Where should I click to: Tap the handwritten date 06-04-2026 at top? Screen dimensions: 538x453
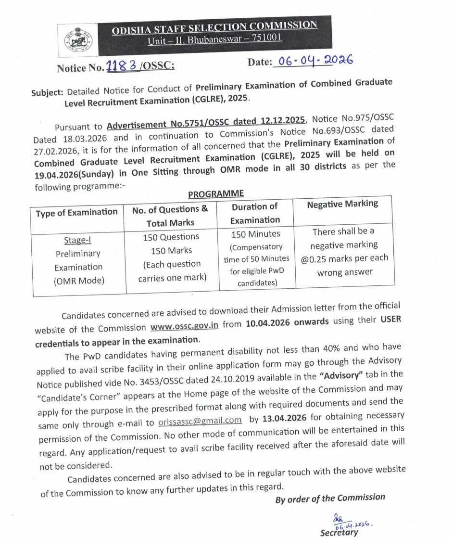pos(313,61)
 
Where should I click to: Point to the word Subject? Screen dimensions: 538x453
pos(48,92)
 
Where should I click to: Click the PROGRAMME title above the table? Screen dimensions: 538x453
pos(216,194)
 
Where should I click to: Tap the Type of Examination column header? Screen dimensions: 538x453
pos(76,212)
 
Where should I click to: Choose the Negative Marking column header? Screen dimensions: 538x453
pos(342,204)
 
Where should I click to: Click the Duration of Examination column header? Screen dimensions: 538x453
pos(255,213)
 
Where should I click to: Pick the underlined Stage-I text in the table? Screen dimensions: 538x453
pos(77,240)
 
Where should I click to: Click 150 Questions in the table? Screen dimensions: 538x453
pos(171,237)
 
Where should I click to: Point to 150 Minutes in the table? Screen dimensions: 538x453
pos(255,234)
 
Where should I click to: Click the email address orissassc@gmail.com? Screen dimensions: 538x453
pos(200,422)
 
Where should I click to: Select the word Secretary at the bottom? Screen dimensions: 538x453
pos(339,532)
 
